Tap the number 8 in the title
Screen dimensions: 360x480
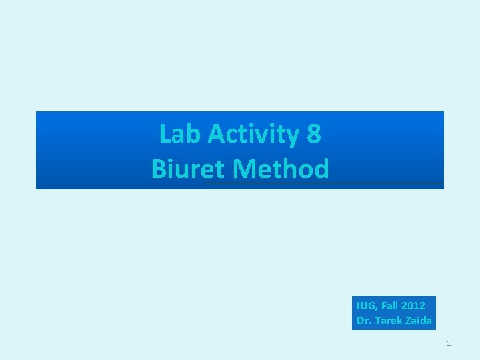313,134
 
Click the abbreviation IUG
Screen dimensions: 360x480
366,306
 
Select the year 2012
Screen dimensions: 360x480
413,306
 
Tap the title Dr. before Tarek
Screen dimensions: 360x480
364,321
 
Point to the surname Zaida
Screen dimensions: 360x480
418,321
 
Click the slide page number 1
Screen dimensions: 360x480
449,343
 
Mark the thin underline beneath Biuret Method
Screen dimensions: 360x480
387,183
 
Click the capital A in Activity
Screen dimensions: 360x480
216,134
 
